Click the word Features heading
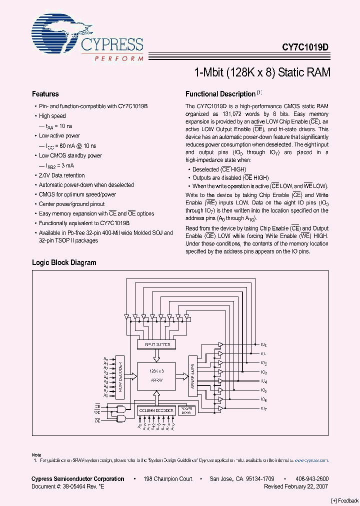pos(45,94)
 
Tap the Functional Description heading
pos(220,94)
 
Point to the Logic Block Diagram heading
pos(64,262)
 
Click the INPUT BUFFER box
pos(156,344)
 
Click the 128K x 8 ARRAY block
pos(156,376)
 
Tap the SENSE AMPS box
pos(193,375)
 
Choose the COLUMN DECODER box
pos(156,410)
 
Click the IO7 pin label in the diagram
pos(264,408)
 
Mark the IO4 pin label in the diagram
pos(264,381)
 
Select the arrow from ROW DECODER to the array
pos(131,375)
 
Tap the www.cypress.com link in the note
pos(310,459)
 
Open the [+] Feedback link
pos(344,500)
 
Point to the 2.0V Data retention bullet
pos(62,175)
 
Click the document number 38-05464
pos(75,486)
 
